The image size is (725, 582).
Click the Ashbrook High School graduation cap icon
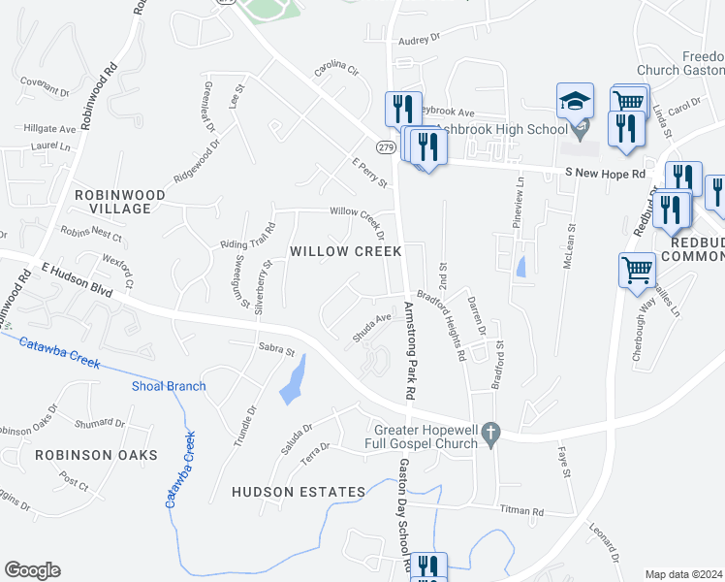coord(574,100)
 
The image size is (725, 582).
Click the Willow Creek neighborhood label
coord(346,251)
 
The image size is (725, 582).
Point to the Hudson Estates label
coord(299,492)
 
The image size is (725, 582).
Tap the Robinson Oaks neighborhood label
coord(82,454)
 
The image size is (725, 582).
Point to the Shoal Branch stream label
coord(169,386)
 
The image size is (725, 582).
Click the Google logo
coord(32,570)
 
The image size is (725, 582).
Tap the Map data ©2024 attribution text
coord(683,574)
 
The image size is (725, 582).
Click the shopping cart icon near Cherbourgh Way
coord(637,270)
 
